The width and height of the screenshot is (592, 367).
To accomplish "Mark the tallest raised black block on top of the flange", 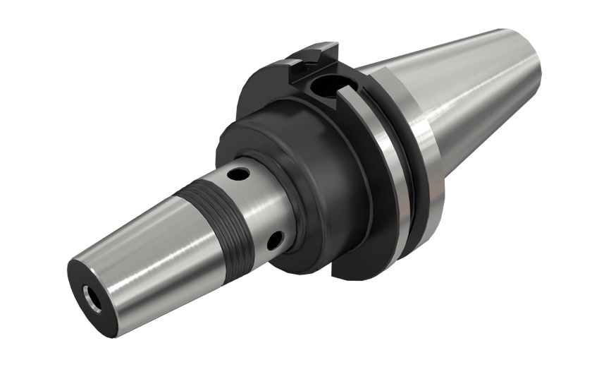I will [316, 56].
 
